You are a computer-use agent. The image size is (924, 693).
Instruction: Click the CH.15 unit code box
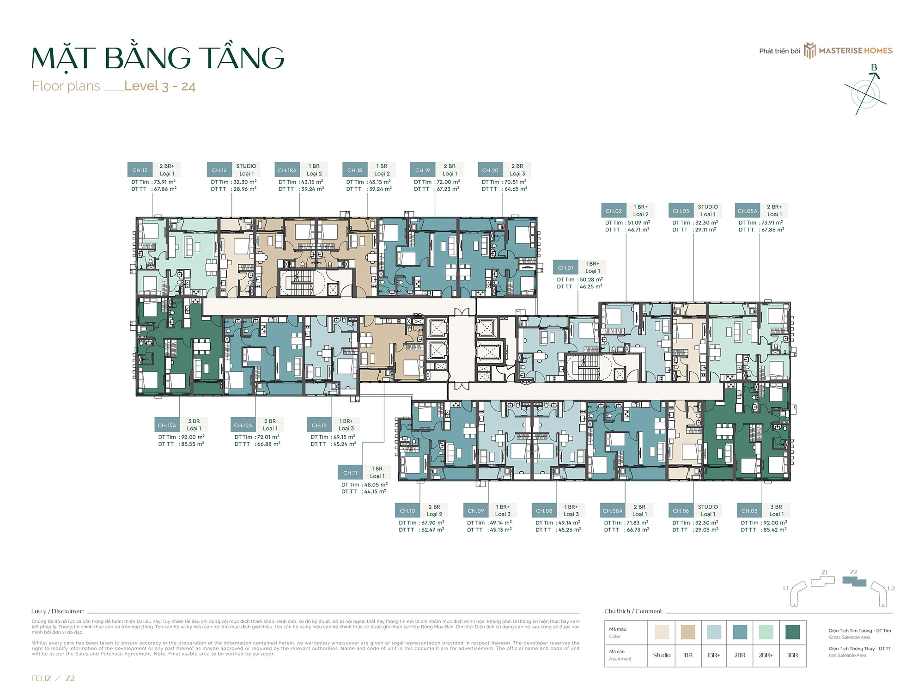[x=140, y=170]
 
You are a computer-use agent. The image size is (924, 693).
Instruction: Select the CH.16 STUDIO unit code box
[x=219, y=170]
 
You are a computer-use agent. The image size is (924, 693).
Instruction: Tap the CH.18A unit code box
[x=287, y=170]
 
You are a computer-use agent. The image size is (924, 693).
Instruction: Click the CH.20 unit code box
[x=490, y=170]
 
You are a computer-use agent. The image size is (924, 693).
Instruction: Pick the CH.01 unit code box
[x=565, y=268]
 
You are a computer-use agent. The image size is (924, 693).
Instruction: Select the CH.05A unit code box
[x=748, y=211]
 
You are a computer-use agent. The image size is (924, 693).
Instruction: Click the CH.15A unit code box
[x=167, y=425]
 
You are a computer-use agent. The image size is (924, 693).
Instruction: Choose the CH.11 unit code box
[x=350, y=473]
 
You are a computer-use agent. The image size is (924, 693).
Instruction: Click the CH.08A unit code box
[x=613, y=511]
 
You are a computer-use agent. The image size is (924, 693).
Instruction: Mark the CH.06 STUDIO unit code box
[x=681, y=511]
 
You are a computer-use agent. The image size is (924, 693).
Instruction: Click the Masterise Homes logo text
[x=856, y=51]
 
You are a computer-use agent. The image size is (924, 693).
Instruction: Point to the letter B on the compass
[x=874, y=68]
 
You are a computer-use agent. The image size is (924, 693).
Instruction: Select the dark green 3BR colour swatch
[x=792, y=632]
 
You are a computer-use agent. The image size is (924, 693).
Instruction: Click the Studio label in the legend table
[x=662, y=655]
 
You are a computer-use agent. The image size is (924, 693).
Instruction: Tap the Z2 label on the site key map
[x=854, y=572]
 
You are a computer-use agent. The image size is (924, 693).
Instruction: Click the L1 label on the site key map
[x=786, y=588]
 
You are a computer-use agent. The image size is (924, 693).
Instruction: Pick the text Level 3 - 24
[x=160, y=86]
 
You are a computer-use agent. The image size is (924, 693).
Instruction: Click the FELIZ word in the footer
[x=41, y=678]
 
